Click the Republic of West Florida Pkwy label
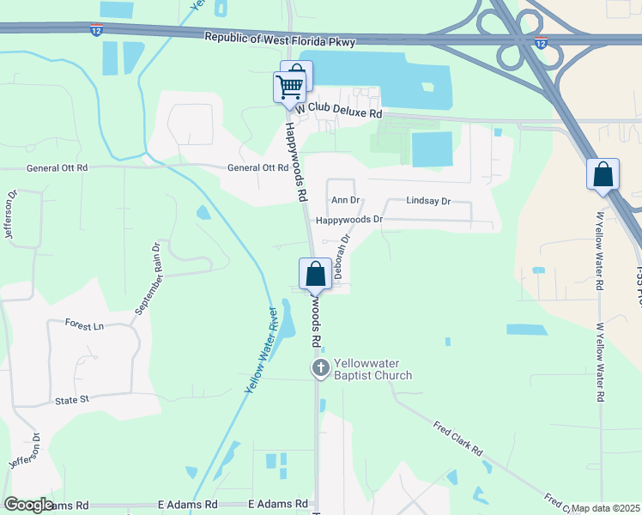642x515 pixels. click(x=280, y=39)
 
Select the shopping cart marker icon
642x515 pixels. click(x=290, y=87)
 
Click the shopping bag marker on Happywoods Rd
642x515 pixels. click(x=316, y=275)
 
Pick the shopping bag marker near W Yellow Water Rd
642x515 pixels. click(x=603, y=174)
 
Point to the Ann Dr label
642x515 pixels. click(x=344, y=200)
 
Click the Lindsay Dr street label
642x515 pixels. click(x=428, y=201)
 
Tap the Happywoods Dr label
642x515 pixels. click(x=348, y=220)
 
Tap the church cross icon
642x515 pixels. click(x=320, y=369)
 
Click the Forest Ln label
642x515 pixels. click(x=84, y=326)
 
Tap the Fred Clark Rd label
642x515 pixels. click(x=457, y=439)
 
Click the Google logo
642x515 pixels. click(x=28, y=505)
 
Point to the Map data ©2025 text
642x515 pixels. click(x=606, y=508)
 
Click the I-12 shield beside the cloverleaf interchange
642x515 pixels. click(x=540, y=41)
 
